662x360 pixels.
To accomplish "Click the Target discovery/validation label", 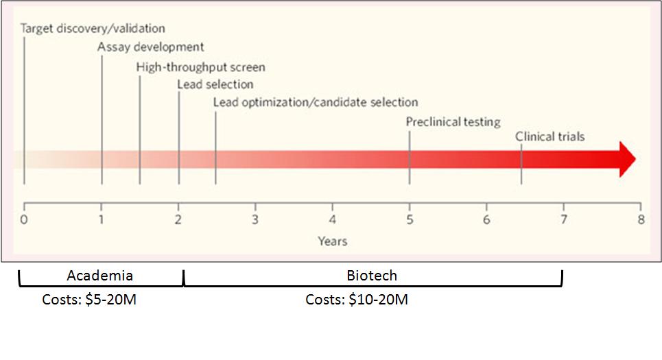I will click(x=93, y=29).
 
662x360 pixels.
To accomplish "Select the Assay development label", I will click(x=150, y=47).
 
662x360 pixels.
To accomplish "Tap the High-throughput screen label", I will click(x=200, y=67).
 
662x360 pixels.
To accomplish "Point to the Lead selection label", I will click(x=215, y=84).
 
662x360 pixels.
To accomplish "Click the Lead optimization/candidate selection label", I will click(x=316, y=102).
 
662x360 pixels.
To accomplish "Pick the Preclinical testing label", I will click(x=453, y=122).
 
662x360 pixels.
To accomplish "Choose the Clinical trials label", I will click(x=550, y=136).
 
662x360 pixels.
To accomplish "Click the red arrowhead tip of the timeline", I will click(x=633, y=160).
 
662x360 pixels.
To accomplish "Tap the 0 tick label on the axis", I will click(x=24, y=220).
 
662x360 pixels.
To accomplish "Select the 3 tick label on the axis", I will click(x=255, y=220).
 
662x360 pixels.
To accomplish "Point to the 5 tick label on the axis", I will click(x=410, y=220).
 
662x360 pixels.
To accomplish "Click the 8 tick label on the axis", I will click(x=641, y=220).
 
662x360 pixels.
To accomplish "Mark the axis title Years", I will click(x=332, y=241).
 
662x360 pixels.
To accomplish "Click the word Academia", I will click(x=100, y=276).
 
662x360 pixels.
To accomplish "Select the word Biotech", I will click(x=373, y=276).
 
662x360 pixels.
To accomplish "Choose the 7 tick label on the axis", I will click(x=564, y=220).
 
